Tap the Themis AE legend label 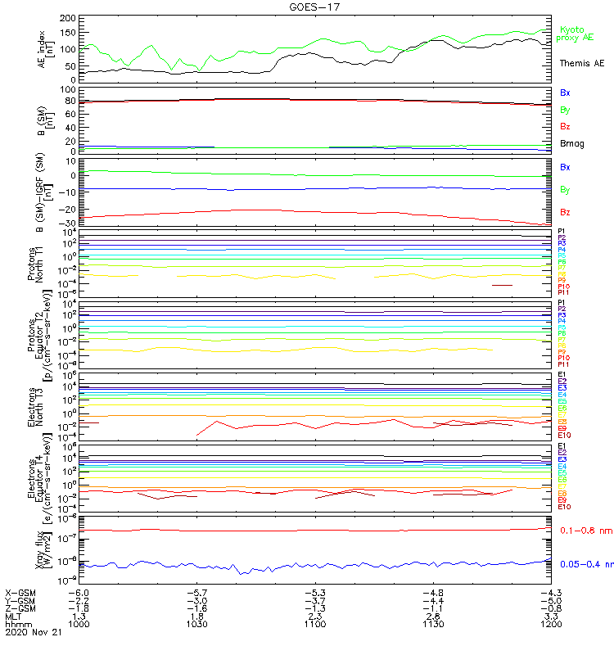click(582, 63)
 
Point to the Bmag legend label click(570, 144)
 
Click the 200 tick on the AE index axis click(67, 18)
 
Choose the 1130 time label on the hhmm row click(433, 624)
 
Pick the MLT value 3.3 click(552, 616)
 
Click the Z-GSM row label click(21, 608)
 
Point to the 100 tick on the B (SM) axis click(67, 89)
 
